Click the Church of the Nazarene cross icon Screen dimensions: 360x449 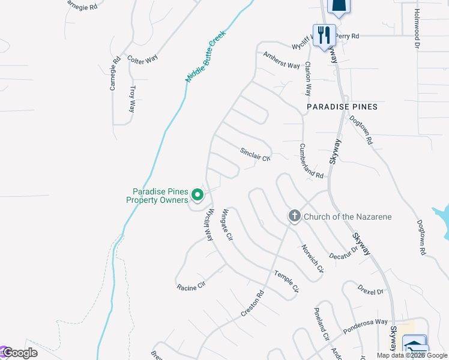294,216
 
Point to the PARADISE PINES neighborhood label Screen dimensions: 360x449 342,107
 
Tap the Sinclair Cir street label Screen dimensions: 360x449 256,154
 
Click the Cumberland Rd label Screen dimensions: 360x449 312,160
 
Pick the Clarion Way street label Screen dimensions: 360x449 308,79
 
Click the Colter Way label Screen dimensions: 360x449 142,59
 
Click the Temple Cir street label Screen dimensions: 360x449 286,281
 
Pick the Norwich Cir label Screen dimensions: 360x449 312,257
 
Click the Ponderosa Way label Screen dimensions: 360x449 366,326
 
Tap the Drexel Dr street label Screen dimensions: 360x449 370,290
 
